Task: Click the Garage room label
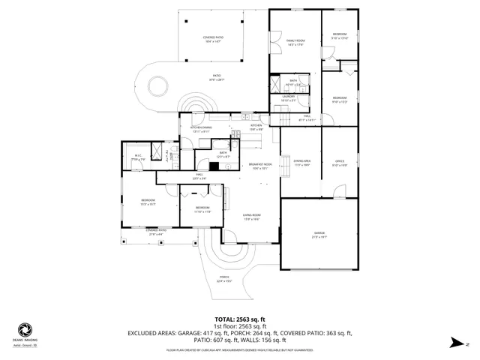click(320, 235)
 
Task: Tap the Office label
click(339, 163)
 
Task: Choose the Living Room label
click(250, 217)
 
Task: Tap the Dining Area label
click(302, 163)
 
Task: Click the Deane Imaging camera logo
click(25, 329)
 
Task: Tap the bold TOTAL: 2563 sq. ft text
click(240, 319)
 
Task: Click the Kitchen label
click(256, 126)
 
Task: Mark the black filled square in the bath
click(214, 166)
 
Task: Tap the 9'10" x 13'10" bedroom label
click(340, 36)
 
